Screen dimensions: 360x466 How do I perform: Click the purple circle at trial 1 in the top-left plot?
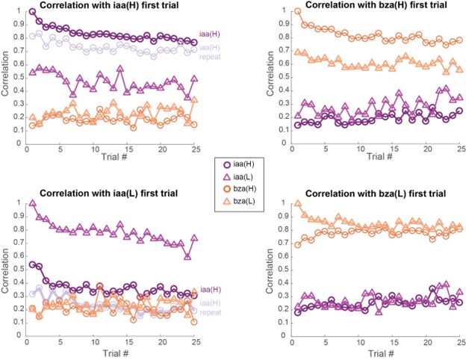(32, 12)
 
